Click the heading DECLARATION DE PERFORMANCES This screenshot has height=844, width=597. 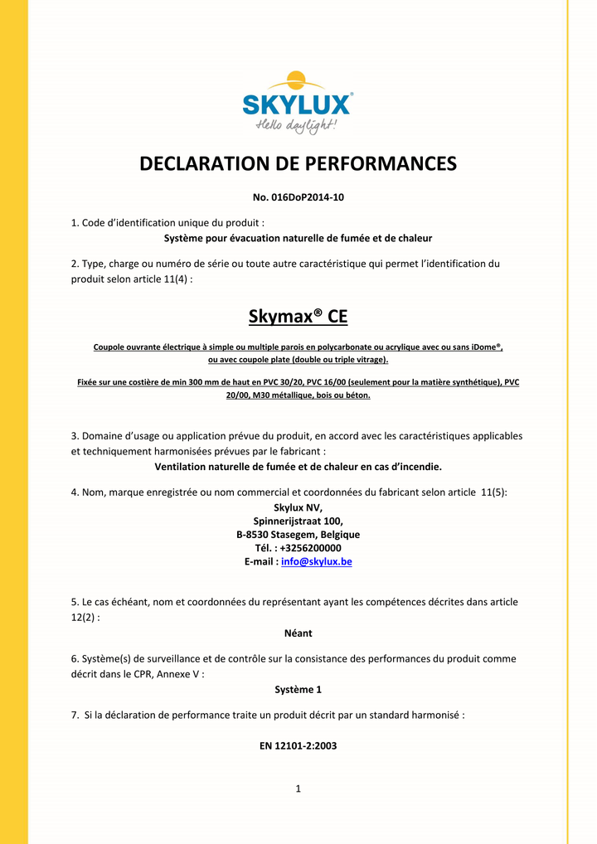298,163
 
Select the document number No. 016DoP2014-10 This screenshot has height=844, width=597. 298,197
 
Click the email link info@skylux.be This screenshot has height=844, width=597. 317,561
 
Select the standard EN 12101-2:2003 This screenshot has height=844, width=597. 298,745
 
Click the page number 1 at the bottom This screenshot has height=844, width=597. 298,788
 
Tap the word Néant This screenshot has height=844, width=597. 298,633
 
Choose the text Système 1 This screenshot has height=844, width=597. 298,689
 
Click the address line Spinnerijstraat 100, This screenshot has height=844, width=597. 298,521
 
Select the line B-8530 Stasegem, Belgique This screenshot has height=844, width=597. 298,535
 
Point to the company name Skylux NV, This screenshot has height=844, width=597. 298,508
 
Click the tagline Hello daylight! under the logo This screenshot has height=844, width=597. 296,125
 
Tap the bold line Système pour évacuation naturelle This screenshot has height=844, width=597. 298,238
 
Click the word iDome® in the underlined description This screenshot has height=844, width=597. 486,347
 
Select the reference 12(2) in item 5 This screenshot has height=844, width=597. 85,618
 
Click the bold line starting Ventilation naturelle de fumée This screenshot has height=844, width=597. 298,467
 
